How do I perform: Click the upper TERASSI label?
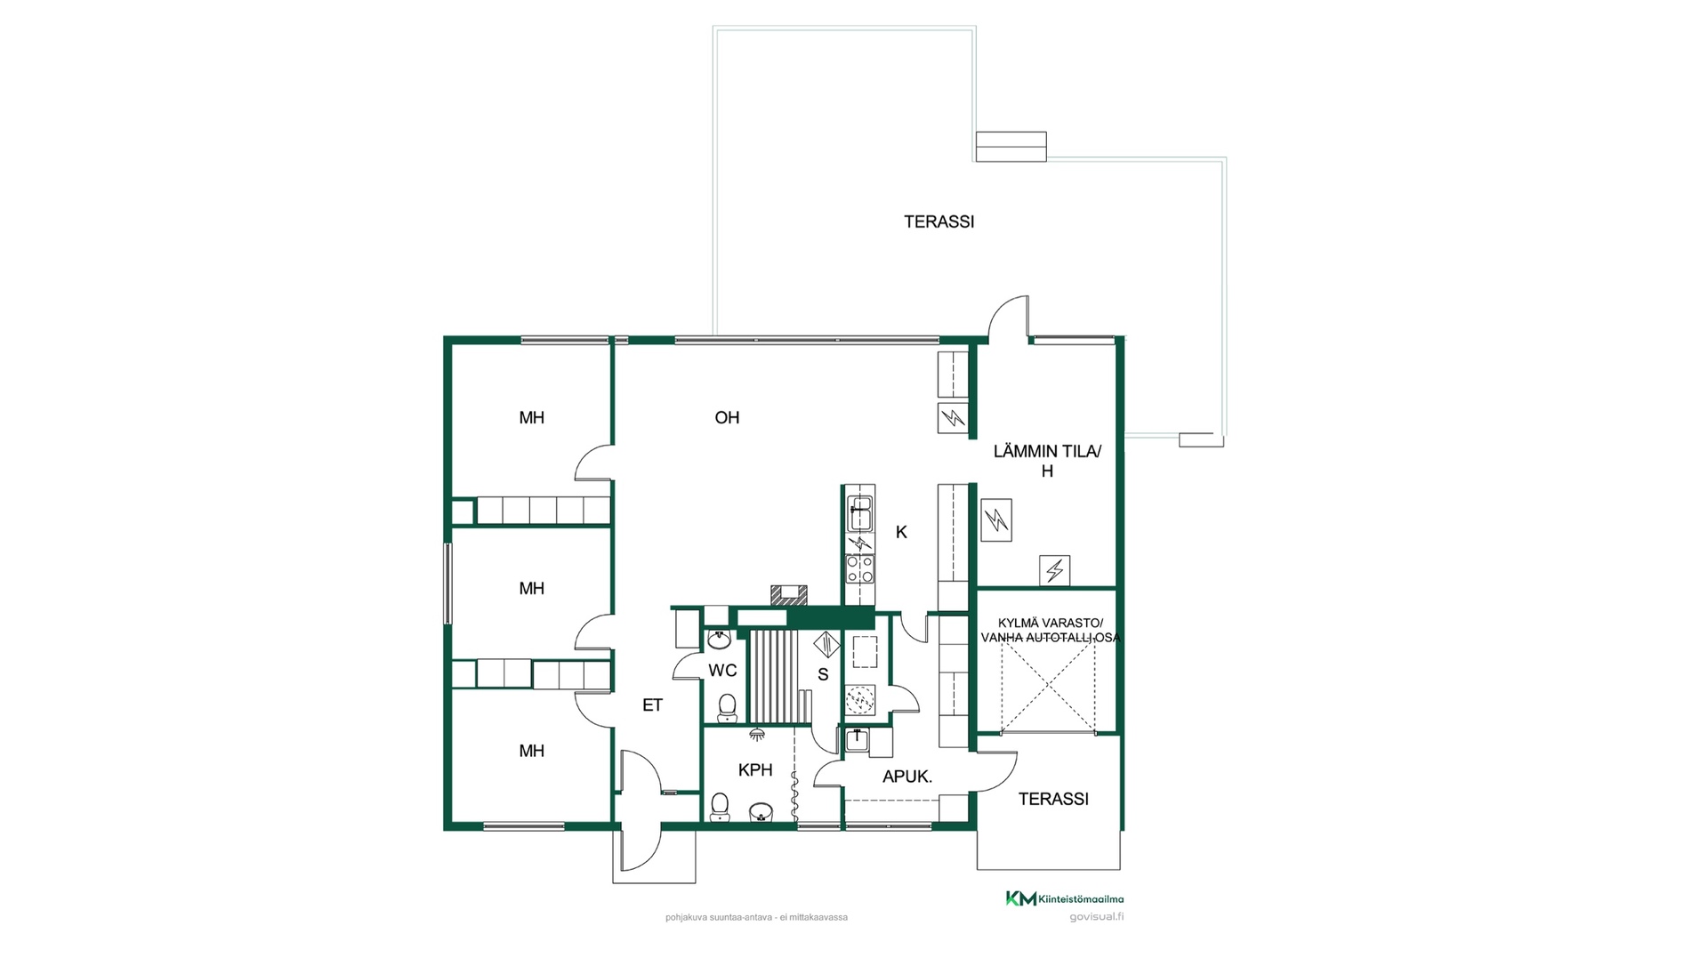(x=939, y=221)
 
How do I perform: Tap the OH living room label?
(x=727, y=417)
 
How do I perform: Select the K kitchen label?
(x=901, y=532)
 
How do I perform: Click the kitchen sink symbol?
(x=859, y=513)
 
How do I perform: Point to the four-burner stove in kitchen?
(x=860, y=568)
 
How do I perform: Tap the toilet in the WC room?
(x=728, y=708)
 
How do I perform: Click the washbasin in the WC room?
(x=719, y=640)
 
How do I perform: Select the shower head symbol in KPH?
(x=757, y=734)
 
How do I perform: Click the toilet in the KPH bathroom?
(x=720, y=806)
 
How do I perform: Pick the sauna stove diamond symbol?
(x=826, y=643)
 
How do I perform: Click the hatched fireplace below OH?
(x=789, y=595)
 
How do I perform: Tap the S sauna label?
(x=823, y=675)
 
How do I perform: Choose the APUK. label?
(x=907, y=777)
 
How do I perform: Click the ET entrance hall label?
(x=652, y=705)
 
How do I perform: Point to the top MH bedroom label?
(x=532, y=417)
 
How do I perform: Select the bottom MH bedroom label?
(x=532, y=751)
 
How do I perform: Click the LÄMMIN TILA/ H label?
(x=1047, y=461)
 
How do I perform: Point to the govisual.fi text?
(x=1096, y=917)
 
